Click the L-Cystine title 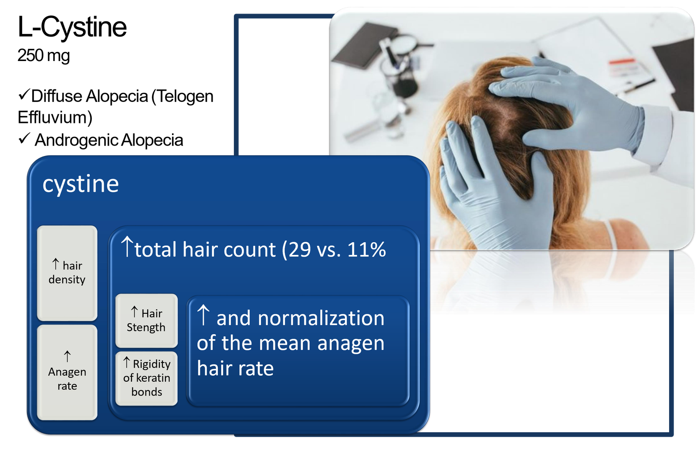[72, 27]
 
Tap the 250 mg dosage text [44, 56]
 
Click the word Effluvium [55, 118]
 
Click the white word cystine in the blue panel [81, 184]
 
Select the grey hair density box [67, 273]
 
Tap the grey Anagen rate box [67, 373]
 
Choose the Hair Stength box [146, 321]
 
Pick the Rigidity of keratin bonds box [146, 379]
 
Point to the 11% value [366, 250]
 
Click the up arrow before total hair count [127, 246]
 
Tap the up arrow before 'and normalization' [203, 315]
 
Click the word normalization [321, 319]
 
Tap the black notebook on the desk [364, 45]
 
